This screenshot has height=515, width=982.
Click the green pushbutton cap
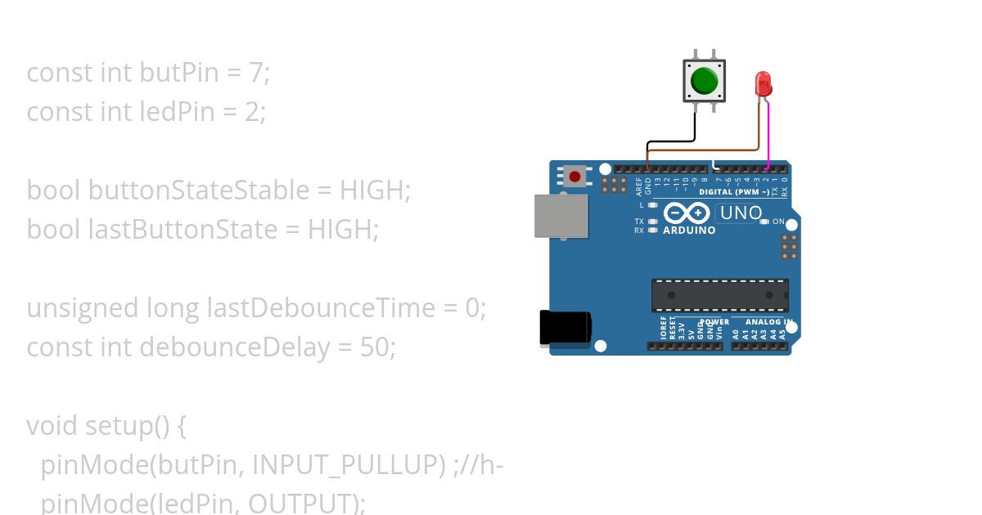(704, 81)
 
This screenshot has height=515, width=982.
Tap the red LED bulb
(763, 83)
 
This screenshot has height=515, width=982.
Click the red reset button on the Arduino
(575, 177)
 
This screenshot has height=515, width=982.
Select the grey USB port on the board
(561, 216)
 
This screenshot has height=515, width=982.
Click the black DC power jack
(565, 327)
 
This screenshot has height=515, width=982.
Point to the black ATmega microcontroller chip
(720, 295)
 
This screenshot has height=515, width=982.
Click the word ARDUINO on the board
(689, 231)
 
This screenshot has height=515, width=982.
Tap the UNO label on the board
(739, 213)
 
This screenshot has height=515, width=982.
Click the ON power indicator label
(778, 222)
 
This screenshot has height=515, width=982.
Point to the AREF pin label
(639, 187)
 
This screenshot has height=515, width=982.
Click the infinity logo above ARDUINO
(687, 213)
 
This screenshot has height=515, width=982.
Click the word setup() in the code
(128, 426)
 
